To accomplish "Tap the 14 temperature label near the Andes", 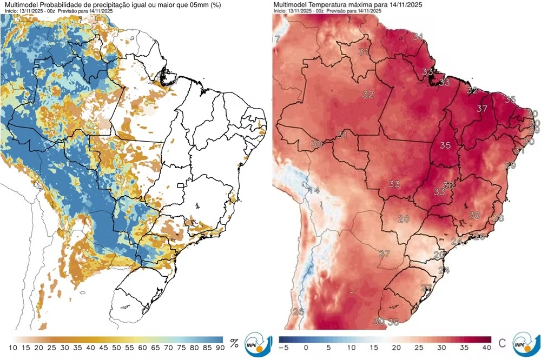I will pos(314,190).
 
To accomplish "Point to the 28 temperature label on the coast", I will pos(498,218).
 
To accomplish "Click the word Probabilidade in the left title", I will pos(60,4).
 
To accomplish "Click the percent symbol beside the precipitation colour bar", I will pos(234,343).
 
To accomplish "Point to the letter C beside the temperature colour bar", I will pos(502,343).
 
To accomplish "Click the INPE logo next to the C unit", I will pos(525,343).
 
